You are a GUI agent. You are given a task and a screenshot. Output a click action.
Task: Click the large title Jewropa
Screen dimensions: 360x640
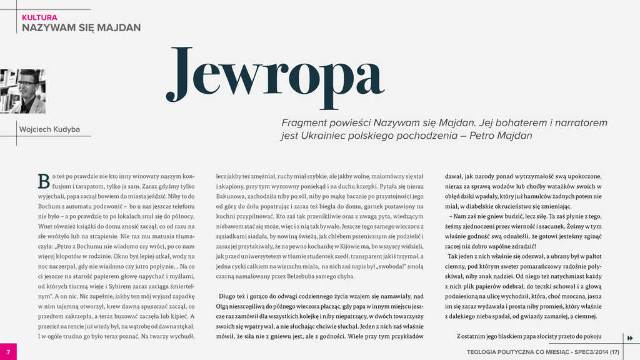(x=275, y=76)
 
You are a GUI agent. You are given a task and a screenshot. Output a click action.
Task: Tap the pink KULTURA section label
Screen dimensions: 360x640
(x=39, y=17)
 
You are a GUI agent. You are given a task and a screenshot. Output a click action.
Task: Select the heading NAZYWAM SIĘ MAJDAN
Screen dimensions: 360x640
(x=81, y=27)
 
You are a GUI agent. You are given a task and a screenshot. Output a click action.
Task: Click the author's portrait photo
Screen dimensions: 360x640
(x=22, y=91)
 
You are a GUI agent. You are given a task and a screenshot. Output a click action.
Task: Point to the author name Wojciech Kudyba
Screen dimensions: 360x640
(x=50, y=129)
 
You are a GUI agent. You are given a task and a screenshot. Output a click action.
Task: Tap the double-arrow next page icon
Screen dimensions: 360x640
(x=629, y=338)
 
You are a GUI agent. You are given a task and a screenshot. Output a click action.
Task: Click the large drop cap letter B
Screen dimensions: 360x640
(x=43, y=181)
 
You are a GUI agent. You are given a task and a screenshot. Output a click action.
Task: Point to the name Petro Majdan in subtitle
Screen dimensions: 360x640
(x=501, y=136)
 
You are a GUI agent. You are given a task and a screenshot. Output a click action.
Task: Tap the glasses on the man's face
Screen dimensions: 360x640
(x=27, y=83)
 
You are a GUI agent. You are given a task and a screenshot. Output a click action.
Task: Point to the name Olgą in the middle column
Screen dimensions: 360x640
(x=224, y=306)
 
